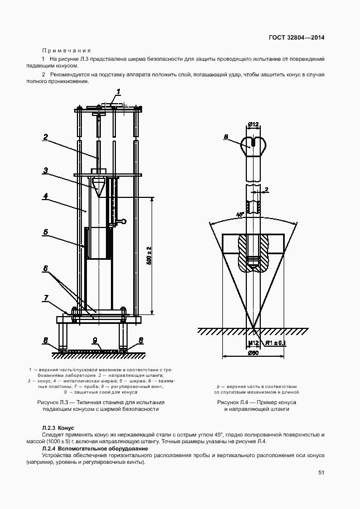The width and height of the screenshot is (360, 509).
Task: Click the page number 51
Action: [x=321, y=472]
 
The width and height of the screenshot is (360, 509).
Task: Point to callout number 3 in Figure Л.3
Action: [x=46, y=170]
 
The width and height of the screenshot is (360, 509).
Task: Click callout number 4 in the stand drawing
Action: [x=46, y=196]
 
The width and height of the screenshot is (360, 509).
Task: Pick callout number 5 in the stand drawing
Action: [x=46, y=231]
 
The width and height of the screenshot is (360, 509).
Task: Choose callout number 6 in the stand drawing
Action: [x=46, y=268]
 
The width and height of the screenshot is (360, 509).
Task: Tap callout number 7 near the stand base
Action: [x=46, y=298]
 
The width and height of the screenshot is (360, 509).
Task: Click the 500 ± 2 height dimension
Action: [x=149, y=255]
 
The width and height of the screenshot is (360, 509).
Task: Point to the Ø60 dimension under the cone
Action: [x=253, y=352]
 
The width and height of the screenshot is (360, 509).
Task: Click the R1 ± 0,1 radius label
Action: [x=275, y=342]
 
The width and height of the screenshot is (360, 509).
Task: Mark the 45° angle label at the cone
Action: [x=225, y=214]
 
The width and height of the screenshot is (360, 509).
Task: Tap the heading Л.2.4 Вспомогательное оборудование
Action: [x=95, y=448]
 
